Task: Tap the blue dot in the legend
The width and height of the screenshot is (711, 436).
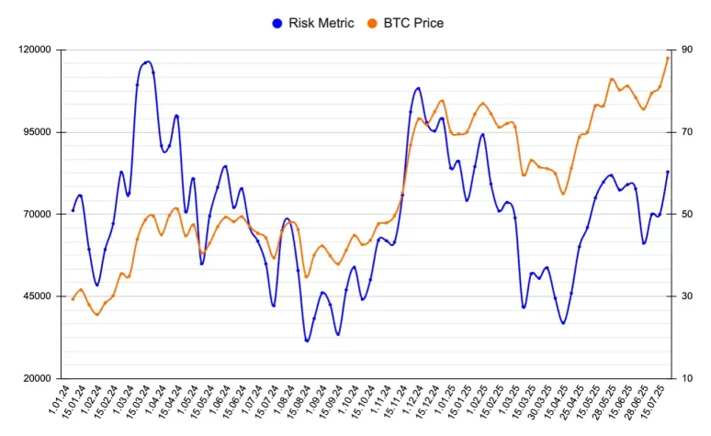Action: point(277,23)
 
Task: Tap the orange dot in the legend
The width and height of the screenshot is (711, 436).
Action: point(371,23)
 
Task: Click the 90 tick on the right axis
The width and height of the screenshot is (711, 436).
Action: point(688,50)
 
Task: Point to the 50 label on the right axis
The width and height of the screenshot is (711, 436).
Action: point(688,214)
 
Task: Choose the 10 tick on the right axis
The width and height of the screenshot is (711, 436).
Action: point(688,378)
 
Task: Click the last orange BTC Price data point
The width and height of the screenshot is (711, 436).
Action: point(668,58)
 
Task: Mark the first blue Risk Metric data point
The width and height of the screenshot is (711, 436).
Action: point(73,211)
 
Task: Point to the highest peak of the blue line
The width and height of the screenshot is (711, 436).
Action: point(147,61)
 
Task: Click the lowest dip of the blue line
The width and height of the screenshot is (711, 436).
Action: point(307,341)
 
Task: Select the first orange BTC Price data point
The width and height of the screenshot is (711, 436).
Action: point(73,298)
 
